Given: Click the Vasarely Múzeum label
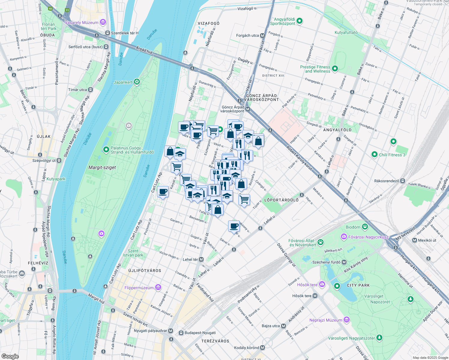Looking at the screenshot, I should [82, 22].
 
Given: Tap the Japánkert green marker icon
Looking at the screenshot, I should [137, 82].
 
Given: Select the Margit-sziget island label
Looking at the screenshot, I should [102, 167].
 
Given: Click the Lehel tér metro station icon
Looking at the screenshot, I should [201, 259].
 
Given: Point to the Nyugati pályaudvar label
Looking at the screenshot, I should [150, 331].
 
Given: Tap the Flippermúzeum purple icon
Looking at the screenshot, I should [158, 288].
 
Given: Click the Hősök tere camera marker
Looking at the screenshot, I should [322, 284].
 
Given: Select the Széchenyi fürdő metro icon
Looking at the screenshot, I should [344, 262].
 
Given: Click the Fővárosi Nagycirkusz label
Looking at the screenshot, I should [368, 237].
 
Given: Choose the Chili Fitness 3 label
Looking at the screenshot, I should [392, 155].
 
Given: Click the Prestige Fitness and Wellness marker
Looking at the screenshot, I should [335, 69].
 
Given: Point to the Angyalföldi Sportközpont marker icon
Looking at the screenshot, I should [300, 21].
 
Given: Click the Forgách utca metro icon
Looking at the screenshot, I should [263, 35].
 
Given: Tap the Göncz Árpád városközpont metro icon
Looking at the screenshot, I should [248, 109].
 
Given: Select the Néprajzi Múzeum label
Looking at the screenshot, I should [326, 320].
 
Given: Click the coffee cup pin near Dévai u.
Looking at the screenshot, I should [234, 226].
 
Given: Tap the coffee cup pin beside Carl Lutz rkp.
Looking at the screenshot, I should [163, 191].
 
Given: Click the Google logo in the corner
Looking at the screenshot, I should [10, 356].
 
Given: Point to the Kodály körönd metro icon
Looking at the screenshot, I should [263, 348].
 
